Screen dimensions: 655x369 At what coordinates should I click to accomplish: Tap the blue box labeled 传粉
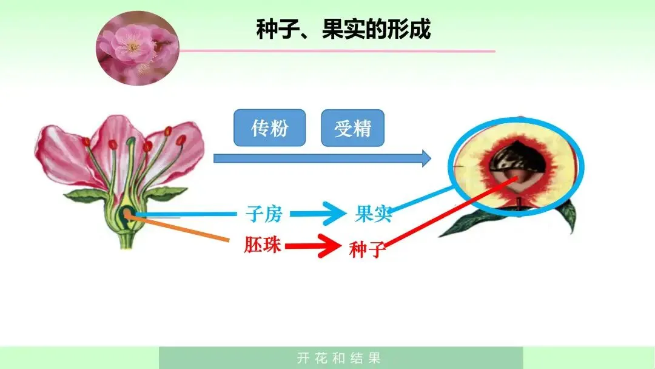[269, 128]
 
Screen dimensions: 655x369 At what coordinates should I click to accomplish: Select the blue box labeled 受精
[352, 128]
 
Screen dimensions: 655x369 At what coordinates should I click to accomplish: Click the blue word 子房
[264, 214]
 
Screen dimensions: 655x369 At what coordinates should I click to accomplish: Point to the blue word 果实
[373, 214]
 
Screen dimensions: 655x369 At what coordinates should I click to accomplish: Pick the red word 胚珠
[263, 245]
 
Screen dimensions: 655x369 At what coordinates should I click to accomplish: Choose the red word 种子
[368, 249]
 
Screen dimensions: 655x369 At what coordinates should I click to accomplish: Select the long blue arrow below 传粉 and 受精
[321, 159]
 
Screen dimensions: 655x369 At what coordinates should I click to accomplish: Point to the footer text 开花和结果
[340, 358]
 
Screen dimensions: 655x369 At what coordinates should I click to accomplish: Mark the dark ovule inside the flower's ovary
[128, 212]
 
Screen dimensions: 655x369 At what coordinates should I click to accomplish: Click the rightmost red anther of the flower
[181, 140]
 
